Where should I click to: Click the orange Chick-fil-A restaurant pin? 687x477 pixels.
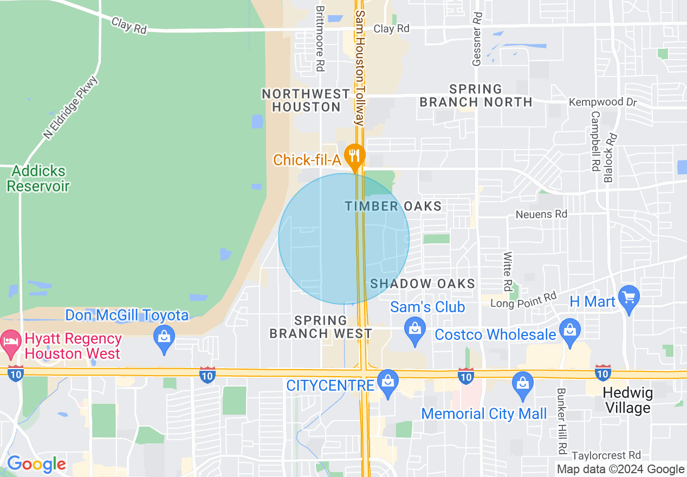355,155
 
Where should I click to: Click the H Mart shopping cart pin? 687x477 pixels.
629,298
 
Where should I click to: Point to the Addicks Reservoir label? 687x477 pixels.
38,179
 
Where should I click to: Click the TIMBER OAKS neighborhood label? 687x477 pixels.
393,206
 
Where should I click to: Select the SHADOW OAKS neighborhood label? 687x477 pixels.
423,283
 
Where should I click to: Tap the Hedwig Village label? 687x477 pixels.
627,400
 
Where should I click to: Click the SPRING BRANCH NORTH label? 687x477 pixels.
476,95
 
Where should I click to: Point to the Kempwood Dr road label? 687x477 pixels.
602,102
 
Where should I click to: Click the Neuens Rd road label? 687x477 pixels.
541,214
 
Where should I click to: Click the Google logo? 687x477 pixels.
36,465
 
